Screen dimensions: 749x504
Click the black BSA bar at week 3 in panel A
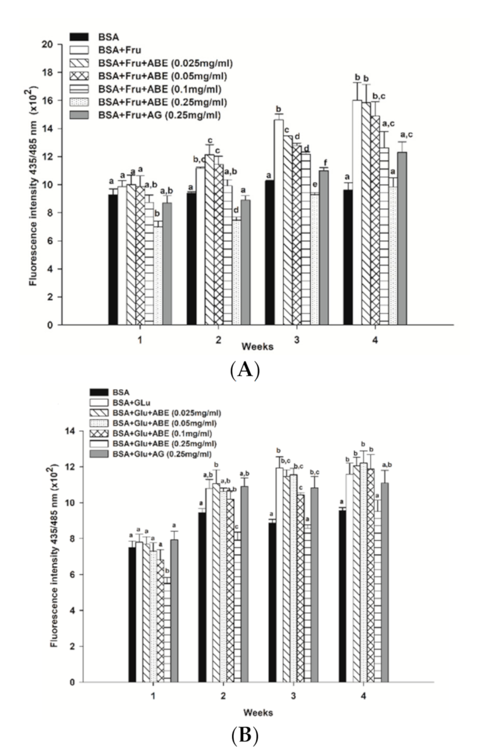point(270,252)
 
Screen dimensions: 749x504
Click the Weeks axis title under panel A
point(257,347)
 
